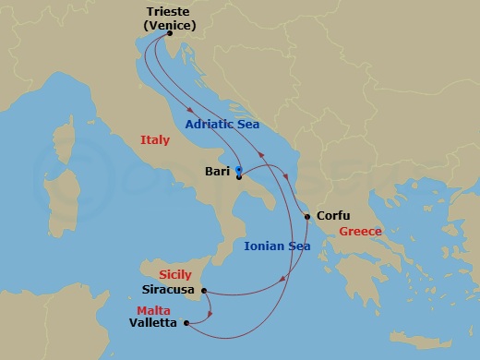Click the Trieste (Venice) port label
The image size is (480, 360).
[x=171, y=18]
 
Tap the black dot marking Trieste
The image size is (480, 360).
[x=170, y=34]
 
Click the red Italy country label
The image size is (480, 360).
[x=155, y=140]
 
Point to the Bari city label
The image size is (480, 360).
[x=217, y=171]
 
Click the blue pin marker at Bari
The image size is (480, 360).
[x=238, y=170]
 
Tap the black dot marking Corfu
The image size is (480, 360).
[x=306, y=217]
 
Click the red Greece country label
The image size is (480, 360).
[x=360, y=232]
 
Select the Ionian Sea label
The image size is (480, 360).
[x=277, y=246]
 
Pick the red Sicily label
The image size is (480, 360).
[x=175, y=275]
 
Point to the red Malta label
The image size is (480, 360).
[x=153, y=309]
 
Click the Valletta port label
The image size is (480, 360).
[x=156, y=323]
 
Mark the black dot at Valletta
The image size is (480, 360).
[x=187, y=323]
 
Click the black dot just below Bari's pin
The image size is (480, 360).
[x=238, y=177]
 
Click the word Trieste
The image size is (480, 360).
[x=171, y=12]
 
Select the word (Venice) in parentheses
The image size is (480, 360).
[x=171, y=25]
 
